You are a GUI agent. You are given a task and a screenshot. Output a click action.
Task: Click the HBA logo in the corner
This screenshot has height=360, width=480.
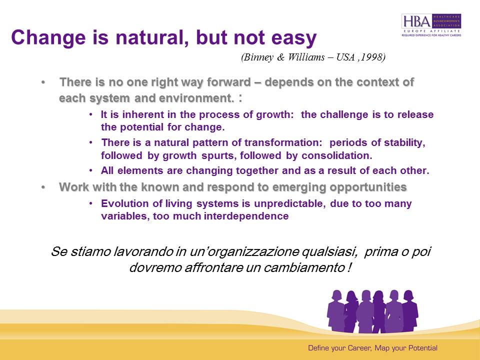[431, 25]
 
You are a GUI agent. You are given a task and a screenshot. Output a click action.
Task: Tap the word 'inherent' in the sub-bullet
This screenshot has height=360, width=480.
[144, 114]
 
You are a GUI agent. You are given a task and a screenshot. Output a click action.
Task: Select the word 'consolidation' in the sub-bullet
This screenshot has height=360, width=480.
[336, 155]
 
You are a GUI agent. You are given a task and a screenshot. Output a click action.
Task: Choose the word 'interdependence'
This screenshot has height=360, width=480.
[246, 216]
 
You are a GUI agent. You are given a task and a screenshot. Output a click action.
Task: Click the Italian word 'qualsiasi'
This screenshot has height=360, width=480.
[329, 251]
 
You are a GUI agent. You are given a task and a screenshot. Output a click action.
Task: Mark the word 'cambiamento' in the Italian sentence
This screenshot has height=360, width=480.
[304, 267]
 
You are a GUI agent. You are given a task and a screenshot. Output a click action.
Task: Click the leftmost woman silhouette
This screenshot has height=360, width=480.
[336, 310]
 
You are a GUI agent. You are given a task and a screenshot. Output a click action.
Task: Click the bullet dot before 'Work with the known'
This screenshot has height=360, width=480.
[43, 187]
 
